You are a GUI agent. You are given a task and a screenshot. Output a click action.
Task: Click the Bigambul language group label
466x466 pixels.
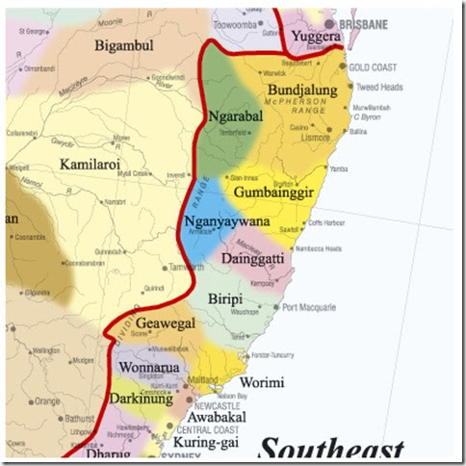point(126,45)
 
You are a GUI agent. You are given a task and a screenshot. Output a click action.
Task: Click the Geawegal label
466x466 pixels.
point(165,324)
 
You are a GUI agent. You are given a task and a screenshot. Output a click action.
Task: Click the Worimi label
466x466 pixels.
point(262,382)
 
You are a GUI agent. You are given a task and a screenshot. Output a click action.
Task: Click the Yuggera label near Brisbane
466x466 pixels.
point(315,37)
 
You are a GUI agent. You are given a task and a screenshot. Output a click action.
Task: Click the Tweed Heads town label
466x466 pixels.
point(378,87)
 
